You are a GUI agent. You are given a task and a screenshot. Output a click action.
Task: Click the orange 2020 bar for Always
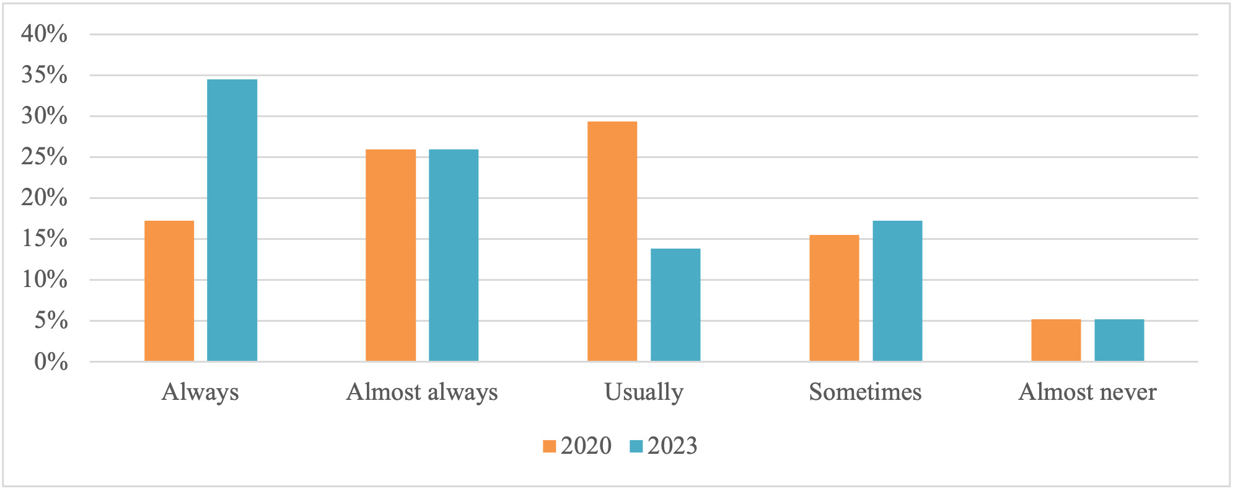coord(169,291)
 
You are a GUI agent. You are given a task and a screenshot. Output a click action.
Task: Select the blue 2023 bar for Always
coord(232,220)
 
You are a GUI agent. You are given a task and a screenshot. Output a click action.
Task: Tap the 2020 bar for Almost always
coord(390,255)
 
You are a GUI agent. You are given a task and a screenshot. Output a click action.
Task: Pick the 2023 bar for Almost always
coord(454,255)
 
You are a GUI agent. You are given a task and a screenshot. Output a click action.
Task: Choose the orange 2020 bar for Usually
coord(612,241)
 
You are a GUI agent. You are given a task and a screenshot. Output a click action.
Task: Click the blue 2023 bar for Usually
coord(675,304)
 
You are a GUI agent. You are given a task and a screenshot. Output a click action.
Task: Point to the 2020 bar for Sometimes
coord(834,298)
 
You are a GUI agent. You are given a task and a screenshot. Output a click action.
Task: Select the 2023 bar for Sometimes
coord(897,291)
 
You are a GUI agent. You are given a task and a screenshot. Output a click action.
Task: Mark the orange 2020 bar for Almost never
coord(1056,340)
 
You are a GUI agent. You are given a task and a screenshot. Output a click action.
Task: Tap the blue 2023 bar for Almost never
coord(1119,340)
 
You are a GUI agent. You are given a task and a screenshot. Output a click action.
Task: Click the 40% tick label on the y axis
coord(45,34)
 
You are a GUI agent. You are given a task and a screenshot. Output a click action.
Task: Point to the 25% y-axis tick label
coord(45,157)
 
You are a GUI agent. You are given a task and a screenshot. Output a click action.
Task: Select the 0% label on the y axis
coord(51,361)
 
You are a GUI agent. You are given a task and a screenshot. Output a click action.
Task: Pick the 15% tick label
coord(45,239)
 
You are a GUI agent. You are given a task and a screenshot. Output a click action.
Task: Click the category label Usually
coord(644,392)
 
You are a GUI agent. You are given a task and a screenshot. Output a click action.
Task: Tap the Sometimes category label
coord(865,392)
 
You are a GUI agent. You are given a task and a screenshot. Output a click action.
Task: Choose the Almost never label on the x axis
coord(1088,392)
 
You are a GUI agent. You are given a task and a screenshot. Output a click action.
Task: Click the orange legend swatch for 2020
coord(549,446)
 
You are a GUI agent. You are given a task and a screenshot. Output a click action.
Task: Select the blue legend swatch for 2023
coord(636,446)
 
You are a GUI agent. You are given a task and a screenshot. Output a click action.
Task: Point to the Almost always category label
coord(422,392)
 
